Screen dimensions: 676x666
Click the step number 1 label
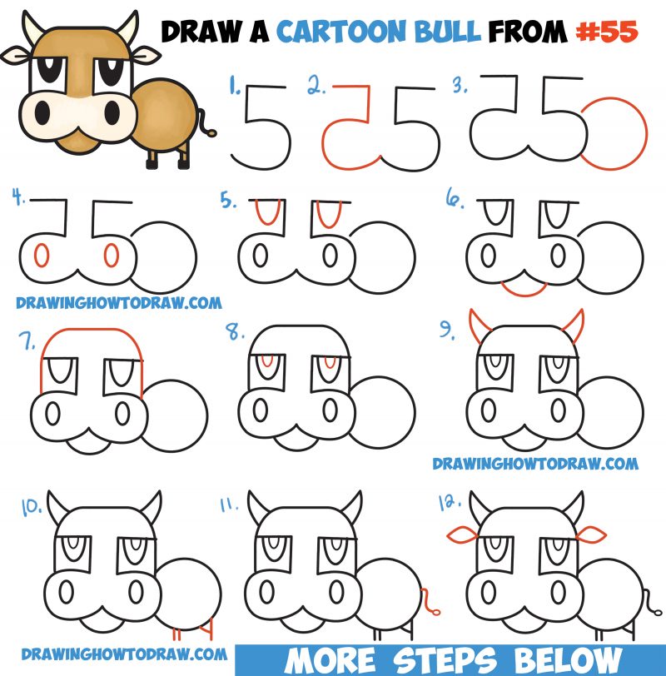(236, 84)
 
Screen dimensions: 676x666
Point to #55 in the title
(606, 32)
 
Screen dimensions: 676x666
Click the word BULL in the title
(455, 32)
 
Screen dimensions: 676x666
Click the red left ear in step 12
(461, 533)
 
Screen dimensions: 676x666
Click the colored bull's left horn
(32, 31)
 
